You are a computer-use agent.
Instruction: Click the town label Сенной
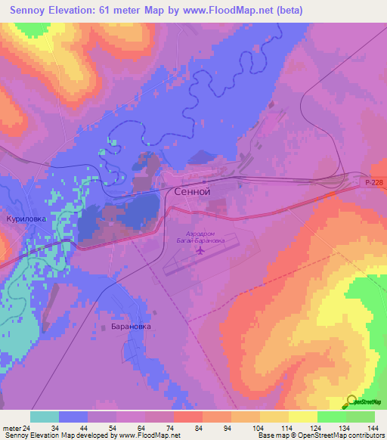[x=192, y=192]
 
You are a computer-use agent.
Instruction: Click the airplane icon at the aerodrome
[x=200, y=249]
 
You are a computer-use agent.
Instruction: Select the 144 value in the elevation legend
[x=373, y=427]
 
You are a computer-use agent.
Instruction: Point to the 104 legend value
[x=259, y=427]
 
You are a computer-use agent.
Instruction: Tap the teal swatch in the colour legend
[x=45, y=417]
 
